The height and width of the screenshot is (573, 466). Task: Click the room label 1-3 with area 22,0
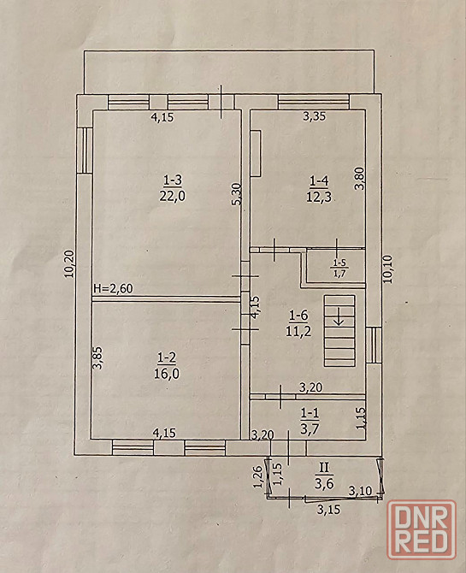point(173,188)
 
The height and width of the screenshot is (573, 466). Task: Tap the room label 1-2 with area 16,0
point(167,366)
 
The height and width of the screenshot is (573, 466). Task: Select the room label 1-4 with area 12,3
point(319,189)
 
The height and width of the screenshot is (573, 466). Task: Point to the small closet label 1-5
point(339,269)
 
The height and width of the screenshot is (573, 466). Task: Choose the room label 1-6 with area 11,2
point(298,323)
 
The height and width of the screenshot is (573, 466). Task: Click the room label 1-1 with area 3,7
point(310,421)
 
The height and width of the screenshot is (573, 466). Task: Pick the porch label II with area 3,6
point(324,476)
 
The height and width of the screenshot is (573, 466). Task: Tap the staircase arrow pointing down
point(339,316)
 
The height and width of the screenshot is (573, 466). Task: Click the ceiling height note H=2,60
point(114,289)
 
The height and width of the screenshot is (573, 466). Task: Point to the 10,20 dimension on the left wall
point(69,264)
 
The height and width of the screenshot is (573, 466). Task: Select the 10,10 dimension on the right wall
point(387,269)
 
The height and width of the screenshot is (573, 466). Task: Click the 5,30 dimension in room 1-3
point(237,193)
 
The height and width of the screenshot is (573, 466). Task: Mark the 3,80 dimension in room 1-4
point(360,179)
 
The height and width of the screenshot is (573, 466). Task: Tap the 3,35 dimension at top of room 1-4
point(315,116)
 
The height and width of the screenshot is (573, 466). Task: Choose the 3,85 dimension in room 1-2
point(97,357)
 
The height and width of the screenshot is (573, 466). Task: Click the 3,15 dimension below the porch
point(328,510)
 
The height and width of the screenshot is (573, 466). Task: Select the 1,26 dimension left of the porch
point(258,476)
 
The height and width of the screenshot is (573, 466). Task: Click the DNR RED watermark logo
point(422,529)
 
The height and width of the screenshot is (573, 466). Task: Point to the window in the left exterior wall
point(85,151)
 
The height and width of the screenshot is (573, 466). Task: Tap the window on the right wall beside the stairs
point(374,346)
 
